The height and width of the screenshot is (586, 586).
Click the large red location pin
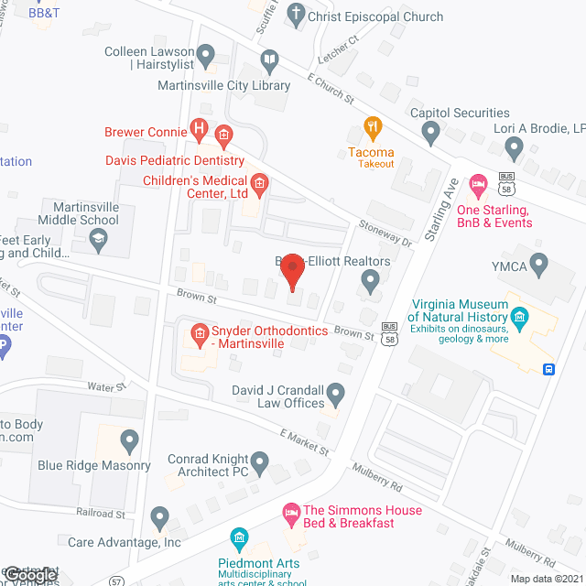(x=291, y=270)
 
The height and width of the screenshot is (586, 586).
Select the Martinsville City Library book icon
(x=269, y=62)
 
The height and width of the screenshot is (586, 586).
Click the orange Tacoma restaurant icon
(x=372, y=127)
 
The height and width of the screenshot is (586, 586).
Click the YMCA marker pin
(x=538, y=266)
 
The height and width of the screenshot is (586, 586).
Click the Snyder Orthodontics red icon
(x=197, y=334)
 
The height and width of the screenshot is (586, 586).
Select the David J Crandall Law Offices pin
(x=336, y=395)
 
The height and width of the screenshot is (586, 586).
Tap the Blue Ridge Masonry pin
(x=129, y=443)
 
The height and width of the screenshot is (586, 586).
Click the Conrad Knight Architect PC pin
(x=260, y=463)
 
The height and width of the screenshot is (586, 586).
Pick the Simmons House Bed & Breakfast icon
(x=291, y=510)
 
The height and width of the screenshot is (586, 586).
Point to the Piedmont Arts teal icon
(x=239, y=537)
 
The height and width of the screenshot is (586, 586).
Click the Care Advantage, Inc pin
(x=160, y=519)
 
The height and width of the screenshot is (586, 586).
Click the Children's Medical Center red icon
(x=259, y=187)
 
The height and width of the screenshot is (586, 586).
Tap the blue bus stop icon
(x=548, y=370)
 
